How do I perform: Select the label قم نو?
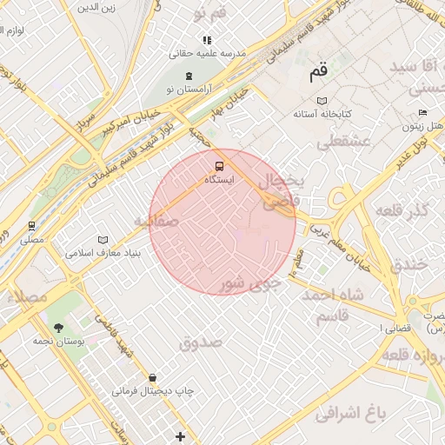point(210,14)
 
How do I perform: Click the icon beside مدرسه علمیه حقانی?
point(207,40)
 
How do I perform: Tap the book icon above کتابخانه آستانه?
point(322,100)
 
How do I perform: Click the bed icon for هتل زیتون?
point(422,112)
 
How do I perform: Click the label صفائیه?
point(156,222)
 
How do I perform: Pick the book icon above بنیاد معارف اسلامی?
point(103,239)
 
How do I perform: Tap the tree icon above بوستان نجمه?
point(58,327)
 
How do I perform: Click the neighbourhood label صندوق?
point(201,342)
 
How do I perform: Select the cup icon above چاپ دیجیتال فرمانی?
point(153,377)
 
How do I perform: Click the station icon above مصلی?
point(32,225)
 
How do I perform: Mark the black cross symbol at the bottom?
point(180,435)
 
